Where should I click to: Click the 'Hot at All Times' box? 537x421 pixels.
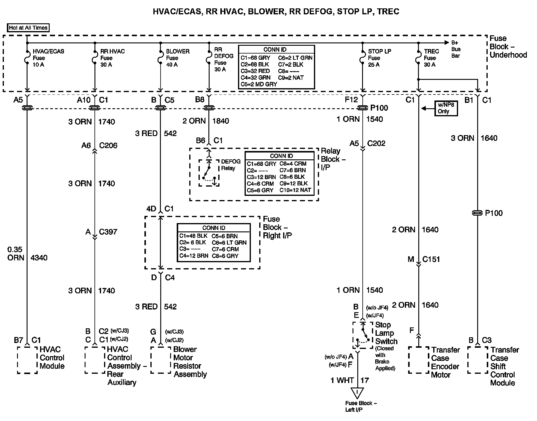28,28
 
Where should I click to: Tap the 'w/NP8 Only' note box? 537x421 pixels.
446,108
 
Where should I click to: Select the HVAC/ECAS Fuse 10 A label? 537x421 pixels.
48,58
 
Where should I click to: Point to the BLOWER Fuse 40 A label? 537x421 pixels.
178,58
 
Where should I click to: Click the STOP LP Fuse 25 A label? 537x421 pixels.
379,58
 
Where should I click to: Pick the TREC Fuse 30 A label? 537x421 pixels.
431,58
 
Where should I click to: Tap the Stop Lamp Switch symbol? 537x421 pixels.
363,335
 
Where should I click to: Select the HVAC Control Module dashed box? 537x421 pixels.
28,360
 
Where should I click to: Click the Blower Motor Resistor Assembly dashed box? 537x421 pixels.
161,360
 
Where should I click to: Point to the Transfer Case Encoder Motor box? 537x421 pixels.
419,360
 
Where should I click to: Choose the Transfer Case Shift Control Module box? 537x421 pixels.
477,360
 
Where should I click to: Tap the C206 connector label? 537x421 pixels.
108,146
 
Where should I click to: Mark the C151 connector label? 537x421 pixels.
431,259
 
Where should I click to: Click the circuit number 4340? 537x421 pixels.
39,258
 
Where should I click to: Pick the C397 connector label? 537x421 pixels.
108,232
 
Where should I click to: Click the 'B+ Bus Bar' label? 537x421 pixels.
456,49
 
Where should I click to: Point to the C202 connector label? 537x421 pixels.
376,144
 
